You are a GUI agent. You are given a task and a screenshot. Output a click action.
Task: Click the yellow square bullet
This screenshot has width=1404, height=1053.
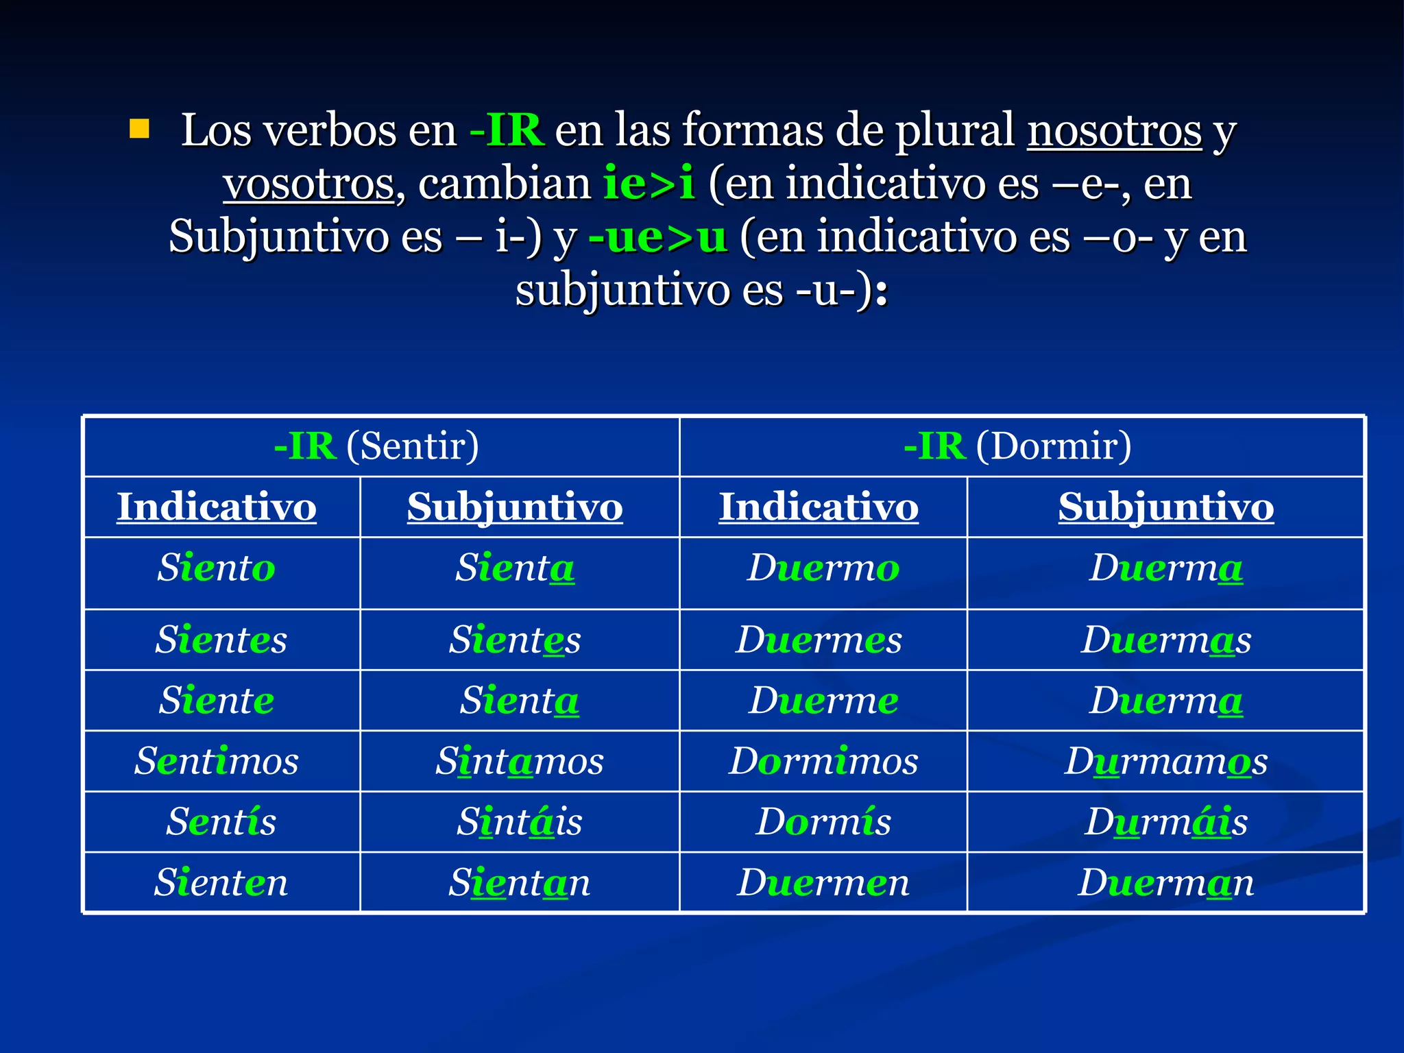tap(139, 129)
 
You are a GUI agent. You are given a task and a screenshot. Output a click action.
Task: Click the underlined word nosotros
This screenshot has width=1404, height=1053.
tap(1114, 130)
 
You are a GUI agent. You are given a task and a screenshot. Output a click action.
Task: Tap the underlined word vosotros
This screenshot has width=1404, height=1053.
tap(309, 184)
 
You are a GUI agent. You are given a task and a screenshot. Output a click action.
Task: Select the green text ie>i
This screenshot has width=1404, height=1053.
tap(649, 184)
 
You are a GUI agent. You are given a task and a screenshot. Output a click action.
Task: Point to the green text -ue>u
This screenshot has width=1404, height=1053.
tap(658, 237)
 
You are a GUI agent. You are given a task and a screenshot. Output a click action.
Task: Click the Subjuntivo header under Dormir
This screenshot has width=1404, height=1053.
tap(1165, 507)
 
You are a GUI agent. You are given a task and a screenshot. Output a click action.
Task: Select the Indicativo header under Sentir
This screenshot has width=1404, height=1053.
tap(217, 507)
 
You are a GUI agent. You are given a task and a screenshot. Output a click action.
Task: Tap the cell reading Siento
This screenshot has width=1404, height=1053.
tap(217, 568)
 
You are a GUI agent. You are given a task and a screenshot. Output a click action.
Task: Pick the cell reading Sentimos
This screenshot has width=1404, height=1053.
tap(217, 761)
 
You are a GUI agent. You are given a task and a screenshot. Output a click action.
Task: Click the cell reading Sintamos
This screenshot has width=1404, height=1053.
tap(520, 761)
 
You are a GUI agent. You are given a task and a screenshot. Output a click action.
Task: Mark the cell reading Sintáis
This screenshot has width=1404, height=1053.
tap(520, 822)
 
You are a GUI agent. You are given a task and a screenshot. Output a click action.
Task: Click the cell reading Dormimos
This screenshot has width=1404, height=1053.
tap(823, 761)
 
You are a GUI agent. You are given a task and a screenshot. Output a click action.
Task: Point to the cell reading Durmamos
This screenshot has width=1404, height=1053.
tap(1165, 761)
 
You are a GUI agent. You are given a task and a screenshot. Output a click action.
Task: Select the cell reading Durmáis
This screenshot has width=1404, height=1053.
tap(1165, 822)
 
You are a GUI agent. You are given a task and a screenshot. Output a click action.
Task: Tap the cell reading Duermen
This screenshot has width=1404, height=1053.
tap(823, 882)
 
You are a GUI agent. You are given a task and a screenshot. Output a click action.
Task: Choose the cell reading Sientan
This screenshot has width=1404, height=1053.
tap(520, 882)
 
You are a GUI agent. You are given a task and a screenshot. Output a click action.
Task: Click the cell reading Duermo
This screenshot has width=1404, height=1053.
tap(823, 568)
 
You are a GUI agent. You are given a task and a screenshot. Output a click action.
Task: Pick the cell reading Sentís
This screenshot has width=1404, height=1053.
tap(221, 822)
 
